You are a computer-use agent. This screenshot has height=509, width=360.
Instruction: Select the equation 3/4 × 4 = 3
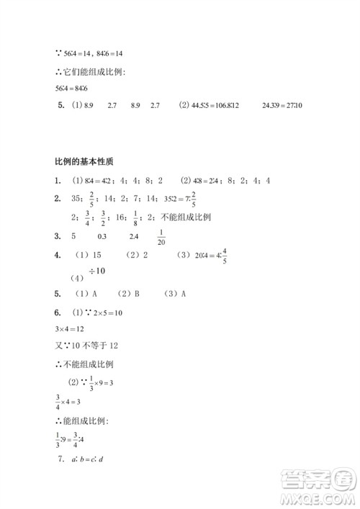[x=70, y=402]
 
